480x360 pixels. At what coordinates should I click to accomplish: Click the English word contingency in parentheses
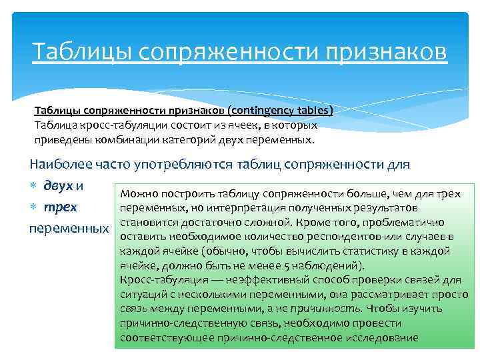tap(260, 111)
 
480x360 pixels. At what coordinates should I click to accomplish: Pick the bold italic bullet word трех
tap(61, 207)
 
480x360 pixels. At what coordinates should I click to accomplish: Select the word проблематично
tap(409, 223)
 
